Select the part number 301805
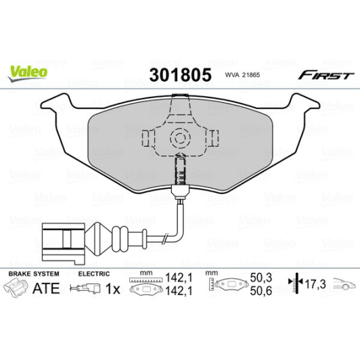pos(179,74)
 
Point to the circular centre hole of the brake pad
pos(180,139)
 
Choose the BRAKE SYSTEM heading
pos(33,273)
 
